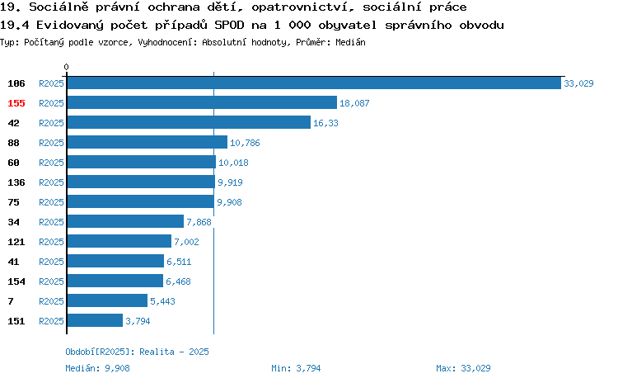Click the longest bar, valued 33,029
[314, 83]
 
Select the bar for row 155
[202, 102]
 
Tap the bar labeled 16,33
[189, 122]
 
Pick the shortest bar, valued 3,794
[95, 320]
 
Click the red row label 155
[16, 103]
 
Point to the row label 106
[16, 83]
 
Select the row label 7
[11, 301]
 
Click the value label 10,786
[245, 143]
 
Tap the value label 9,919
[230, 182]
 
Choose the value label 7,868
[199, 222]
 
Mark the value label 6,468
[178, 281]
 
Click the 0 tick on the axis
[66, 67]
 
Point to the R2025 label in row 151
[51, 321]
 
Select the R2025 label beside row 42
[51, 123]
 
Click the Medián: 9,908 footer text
[97, 368]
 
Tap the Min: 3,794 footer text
[296, 368]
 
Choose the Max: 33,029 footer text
[463, 368]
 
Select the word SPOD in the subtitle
[229, 26]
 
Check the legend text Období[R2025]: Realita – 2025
[137, 352]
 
